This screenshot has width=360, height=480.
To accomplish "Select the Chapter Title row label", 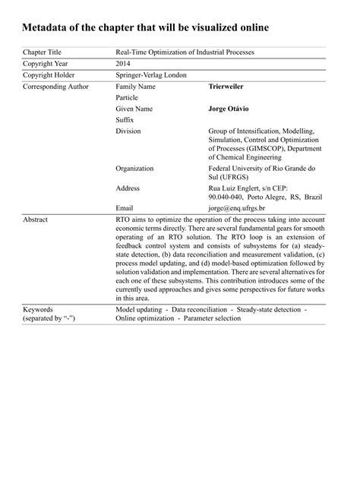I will click(42, 52).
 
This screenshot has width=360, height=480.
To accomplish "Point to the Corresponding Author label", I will click(55, 87).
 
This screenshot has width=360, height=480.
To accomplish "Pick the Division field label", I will click(128, 131).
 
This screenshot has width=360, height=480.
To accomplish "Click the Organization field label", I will click(134, 168).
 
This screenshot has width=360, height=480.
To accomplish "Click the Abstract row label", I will click(35, 219).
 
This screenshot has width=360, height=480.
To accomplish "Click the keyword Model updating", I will click(139, 311).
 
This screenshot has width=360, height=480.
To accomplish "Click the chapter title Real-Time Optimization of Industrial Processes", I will click(185, 52).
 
